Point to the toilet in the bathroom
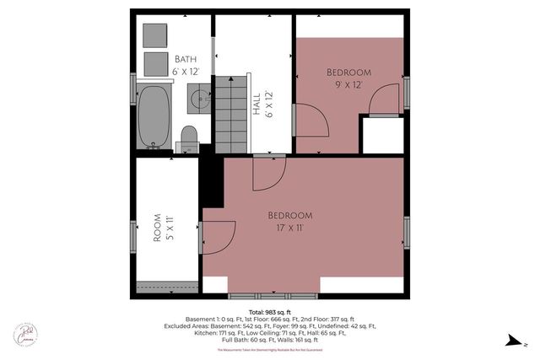189,139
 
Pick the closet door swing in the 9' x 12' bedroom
384,99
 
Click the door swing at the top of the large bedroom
270,173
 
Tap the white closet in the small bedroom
381,135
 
